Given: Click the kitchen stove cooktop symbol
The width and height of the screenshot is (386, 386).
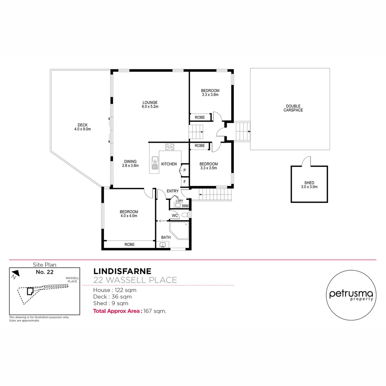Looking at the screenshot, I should pos(169,147).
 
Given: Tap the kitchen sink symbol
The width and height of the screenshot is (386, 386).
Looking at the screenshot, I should pos(155,162).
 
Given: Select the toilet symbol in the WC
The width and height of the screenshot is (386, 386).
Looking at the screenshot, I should pos(184,215).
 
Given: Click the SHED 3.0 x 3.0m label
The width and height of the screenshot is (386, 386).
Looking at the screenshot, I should pos(309,185).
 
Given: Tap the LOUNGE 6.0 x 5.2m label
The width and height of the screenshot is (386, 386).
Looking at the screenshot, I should pos(150,104).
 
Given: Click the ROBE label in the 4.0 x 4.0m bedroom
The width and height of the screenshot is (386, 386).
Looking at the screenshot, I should pos(129,244).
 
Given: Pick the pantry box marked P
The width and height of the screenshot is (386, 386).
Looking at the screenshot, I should pos(184,170).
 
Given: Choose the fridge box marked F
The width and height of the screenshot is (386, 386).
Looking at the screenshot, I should pos(184,182).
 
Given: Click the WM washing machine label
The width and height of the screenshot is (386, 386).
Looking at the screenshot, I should pos(185,206).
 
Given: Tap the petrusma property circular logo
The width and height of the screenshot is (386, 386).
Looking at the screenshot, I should pos(351,295).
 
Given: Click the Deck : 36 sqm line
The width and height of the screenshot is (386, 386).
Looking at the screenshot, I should pos(112,297).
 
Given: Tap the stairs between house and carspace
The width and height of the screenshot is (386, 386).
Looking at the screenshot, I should pos(243,132).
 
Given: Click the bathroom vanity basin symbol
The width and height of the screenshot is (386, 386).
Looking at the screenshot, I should pos(163,245).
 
